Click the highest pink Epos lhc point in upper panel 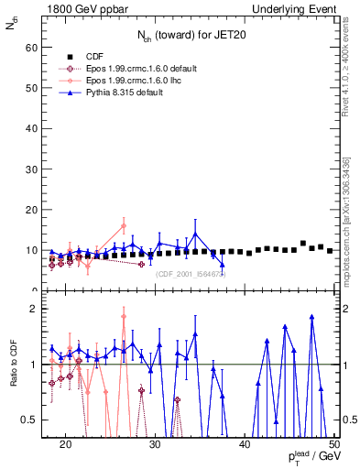[124, 225]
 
